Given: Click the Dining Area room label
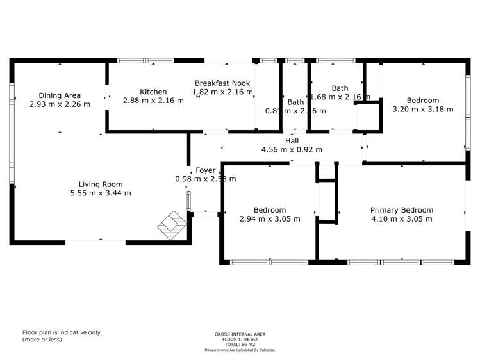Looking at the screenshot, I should [60, 95].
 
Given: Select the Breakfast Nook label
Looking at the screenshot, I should [222, 83].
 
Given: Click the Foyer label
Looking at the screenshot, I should [205, 170].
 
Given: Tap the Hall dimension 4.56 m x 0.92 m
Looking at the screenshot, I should [292, 149].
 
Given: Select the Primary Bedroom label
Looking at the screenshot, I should [402, 210].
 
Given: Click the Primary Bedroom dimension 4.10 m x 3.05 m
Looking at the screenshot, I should [402, 219].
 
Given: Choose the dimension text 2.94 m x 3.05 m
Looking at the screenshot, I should [269, 219].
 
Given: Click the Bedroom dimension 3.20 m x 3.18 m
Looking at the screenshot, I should [422, 109].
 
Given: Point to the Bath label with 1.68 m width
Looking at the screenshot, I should [340, 88].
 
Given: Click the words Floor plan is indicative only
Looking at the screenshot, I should [62, 332].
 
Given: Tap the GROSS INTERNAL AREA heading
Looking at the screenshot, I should [240, 334].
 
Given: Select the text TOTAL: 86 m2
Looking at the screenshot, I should [240, 345].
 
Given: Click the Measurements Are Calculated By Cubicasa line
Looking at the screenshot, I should [240, 350].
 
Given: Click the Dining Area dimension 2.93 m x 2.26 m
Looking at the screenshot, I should [60, 104].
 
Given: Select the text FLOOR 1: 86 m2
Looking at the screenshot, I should [240, 340].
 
